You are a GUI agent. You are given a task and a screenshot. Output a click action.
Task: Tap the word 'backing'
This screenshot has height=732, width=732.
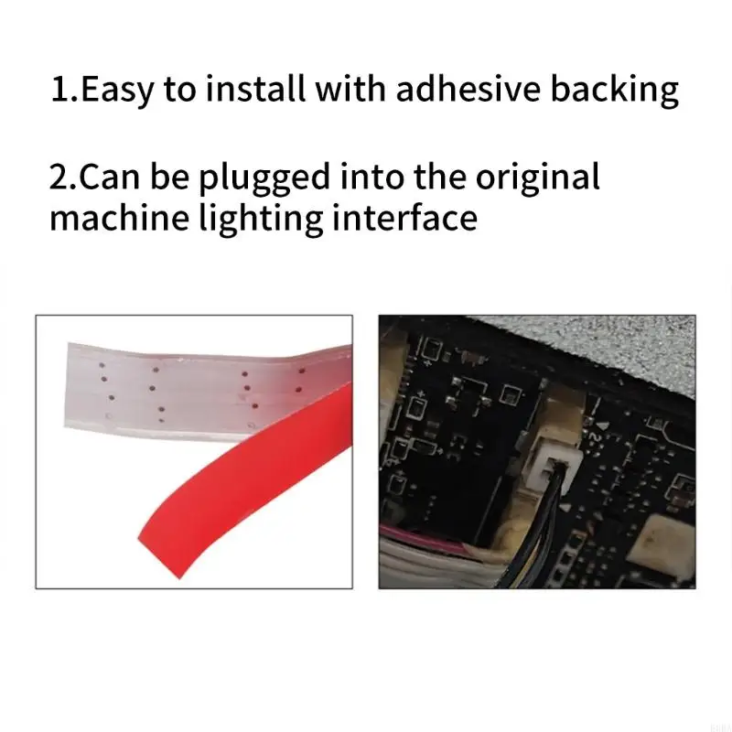click(x=614, y=91)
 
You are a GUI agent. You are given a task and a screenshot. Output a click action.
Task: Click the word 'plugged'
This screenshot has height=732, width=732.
click(x=264, y=178)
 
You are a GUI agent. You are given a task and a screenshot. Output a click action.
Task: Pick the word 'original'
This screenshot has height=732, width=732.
click(x=537, y=178)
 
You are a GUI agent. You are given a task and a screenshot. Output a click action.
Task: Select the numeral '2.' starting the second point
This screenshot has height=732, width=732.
click(x=64, y=178)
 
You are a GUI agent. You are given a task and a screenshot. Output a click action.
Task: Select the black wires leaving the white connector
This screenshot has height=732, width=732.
click(x=546, y=537)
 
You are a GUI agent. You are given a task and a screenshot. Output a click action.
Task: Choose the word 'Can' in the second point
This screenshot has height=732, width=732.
click(x=110, y=178)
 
